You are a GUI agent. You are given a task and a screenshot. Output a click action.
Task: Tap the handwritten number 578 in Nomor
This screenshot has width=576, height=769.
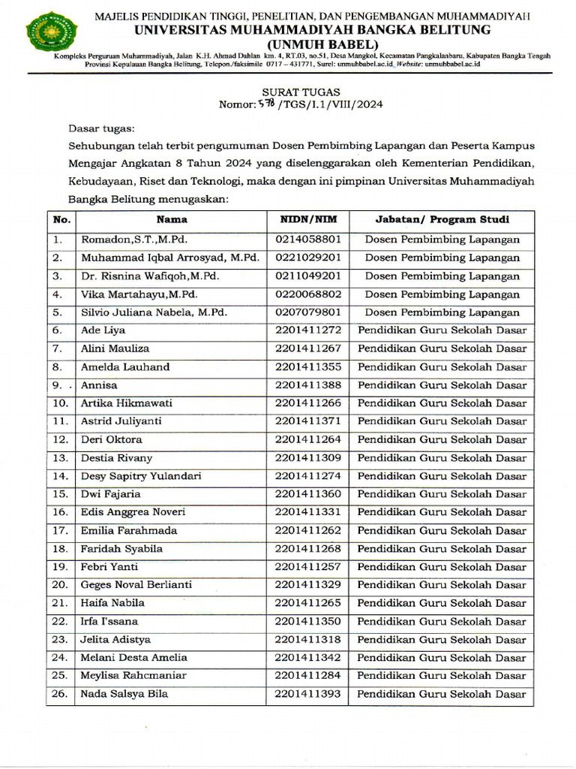pyautogui.click(x=266, y=104)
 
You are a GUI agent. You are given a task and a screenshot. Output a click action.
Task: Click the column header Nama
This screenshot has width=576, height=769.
pyautogui.click(x=172, y=220)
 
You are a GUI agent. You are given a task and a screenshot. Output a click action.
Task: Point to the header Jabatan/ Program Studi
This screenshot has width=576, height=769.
pyautogui.click(x=442, y=220)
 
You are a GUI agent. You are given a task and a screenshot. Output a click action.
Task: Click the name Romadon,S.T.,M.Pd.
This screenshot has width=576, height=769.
pyautogui.click(x=133, y=240)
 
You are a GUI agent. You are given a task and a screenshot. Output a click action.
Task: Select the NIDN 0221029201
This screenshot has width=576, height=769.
pyautogui.click(x=308, y=258)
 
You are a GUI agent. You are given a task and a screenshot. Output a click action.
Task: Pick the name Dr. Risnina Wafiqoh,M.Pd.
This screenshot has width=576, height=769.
pyautogui.click(x=150, y=276)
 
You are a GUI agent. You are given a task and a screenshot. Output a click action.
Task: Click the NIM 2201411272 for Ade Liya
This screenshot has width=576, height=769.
pyautogui.click(x=308, y=330)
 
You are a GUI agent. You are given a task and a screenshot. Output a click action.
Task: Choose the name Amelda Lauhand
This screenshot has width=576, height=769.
pyautogui.click(x=125, y=367)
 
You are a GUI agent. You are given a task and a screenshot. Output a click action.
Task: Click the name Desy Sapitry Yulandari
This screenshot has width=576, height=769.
pyautogui.click(x=141, y=476)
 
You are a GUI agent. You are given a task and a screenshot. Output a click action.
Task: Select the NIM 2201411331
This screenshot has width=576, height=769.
pyautogui.click(x=308, y=512)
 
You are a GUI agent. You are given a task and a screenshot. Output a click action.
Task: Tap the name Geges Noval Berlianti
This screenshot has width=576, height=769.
pyautogui.click(x=136, y=585)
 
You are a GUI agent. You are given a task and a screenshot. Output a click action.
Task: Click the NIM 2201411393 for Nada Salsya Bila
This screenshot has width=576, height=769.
pyautogui.click(x=308, y=694)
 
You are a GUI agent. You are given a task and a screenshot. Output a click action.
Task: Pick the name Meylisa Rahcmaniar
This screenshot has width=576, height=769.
pyautogui.click(x=133, y=676)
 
